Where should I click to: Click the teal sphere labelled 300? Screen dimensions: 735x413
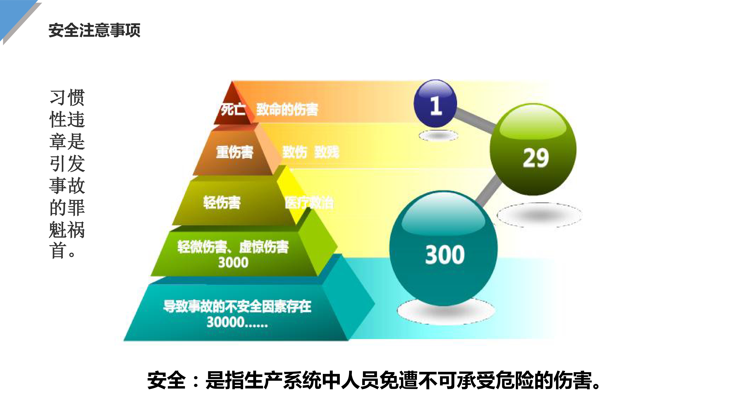pos(443,248)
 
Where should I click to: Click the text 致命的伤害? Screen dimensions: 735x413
pos(287,109)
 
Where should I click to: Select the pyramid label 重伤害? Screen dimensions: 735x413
pos(235,152)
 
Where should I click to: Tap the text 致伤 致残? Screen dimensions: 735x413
pos(311,152)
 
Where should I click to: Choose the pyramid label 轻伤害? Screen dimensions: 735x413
pos(222,202)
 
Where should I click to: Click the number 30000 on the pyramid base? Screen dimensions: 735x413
pos(225,322)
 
